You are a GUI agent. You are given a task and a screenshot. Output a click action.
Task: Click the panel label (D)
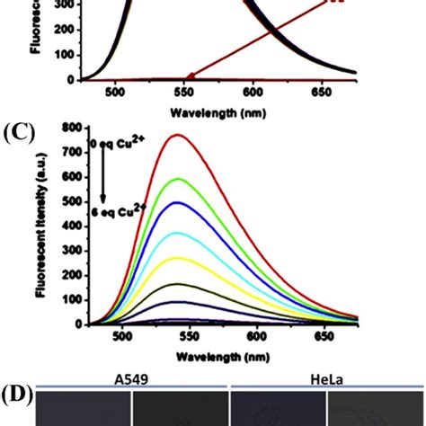[x=17, y=393]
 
